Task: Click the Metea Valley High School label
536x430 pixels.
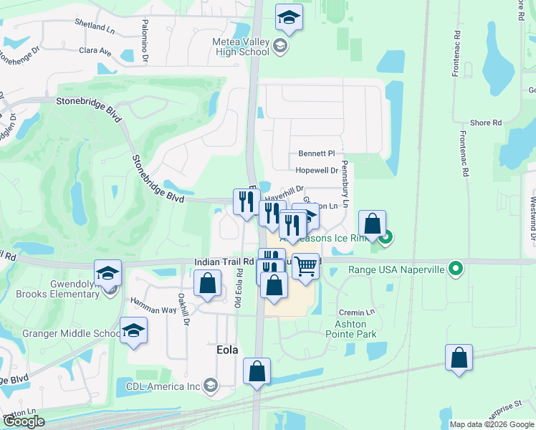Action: [x=241, y=46]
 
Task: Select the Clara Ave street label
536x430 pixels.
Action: [x=95, y=52]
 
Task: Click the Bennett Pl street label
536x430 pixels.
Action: [x=317, y=153]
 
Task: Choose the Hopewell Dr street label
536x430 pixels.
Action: [x=316, y=171]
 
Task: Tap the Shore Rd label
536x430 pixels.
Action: [x=486, y=123]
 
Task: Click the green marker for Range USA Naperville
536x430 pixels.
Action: [x=455, y=269]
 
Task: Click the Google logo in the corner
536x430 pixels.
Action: [x=24, y=421]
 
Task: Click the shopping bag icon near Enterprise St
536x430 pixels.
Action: [x=459, y=358]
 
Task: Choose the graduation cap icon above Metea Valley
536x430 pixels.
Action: [x=289, y=18]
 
